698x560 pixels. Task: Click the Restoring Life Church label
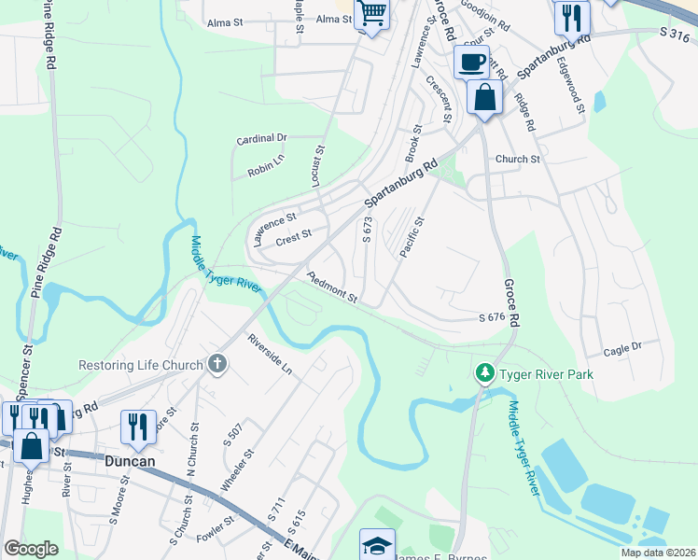pos(140,365)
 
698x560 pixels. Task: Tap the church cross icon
pos(217,364)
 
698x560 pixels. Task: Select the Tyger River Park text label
pos(546,374)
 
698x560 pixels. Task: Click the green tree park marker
pos(483,374)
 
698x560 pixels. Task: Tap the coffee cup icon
pos(470,63)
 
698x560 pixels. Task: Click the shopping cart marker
pos(371,14)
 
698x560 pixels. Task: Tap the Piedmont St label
pos(333,288)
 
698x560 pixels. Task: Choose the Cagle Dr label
pos(623,349)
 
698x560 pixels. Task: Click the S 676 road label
pos(492,318)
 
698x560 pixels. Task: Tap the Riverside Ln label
pos(270,355)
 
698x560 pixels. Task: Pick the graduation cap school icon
pos(377,545)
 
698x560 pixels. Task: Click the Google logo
pos(31,549)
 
